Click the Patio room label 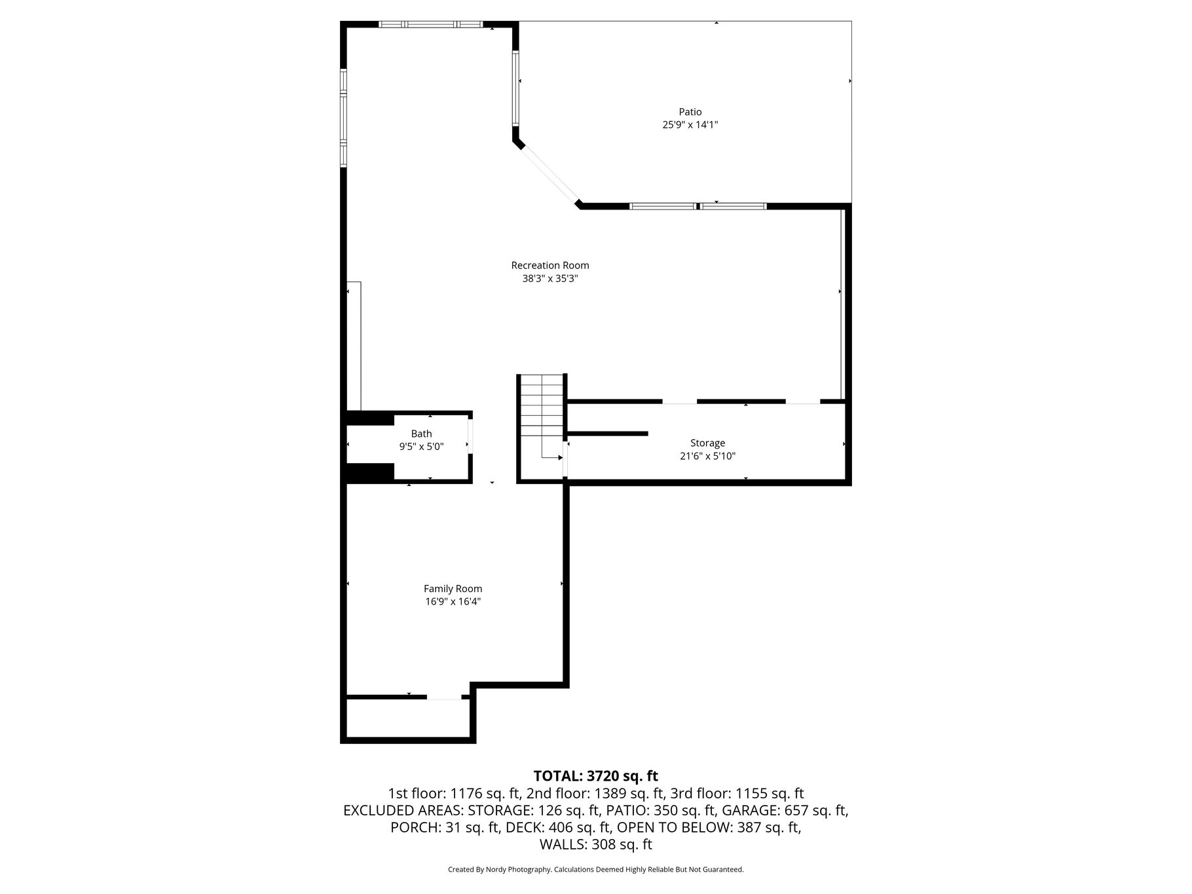[x=690, y=112]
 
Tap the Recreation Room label [x=550, y=265]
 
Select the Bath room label [x=422, y=434]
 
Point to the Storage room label [x=707, y=443]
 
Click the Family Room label [x=453, y=589]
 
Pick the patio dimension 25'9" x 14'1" [x=690, y=124]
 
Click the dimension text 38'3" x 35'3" [x=550, y=278]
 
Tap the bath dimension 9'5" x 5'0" [x=422, y=447]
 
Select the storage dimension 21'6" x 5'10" [x=707, y=456]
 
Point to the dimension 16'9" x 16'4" [x=453, y=601]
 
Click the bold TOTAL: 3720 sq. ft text [x=596, y=776]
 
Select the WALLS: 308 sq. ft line [x=596, y=844]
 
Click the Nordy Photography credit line [x=596, y=870]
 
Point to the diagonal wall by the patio [x=548, y=173]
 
